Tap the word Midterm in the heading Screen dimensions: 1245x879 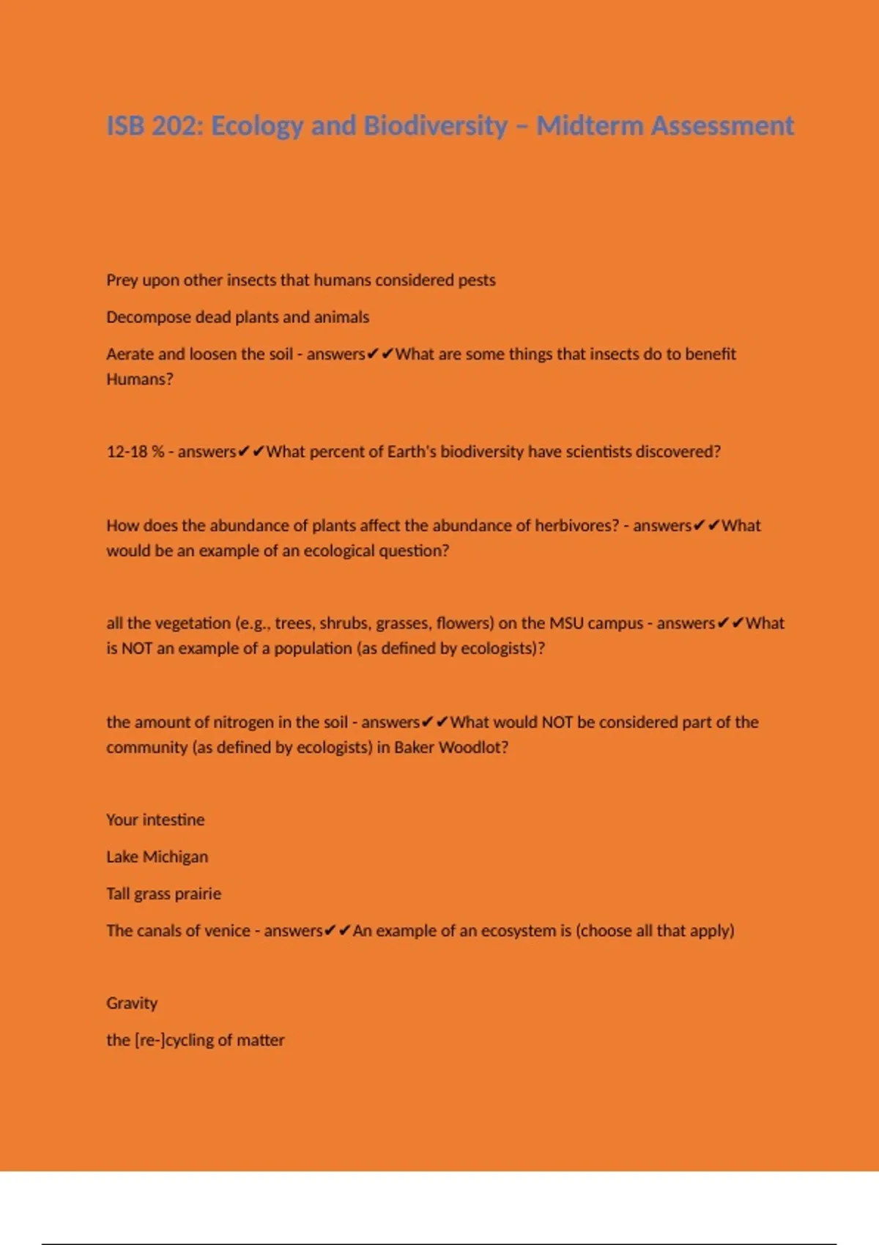tap(590, 126)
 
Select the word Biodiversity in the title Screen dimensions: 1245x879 tap(435, 126)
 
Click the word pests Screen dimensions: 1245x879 tap(477, 280)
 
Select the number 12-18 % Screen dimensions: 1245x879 tap(136, 452)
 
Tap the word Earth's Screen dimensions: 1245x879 tap(412, 452)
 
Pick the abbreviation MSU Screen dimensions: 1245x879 tap(566, 623)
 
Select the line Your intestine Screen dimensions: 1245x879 tap(155, 820)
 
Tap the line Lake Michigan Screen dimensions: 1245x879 tap(157, 857)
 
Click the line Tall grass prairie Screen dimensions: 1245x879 tap(163, 893)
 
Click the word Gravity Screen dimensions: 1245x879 tap(132, 1003)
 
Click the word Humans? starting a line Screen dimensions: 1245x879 tap(140, 379)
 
